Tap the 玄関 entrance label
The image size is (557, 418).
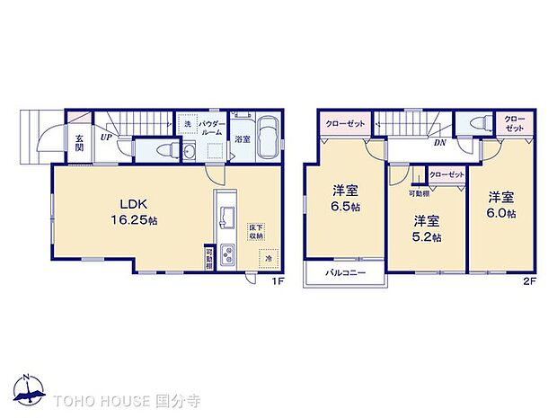click(x=79, y=144)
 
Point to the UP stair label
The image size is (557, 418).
click(x=106, y=138)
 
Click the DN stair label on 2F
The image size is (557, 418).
click(x=441, y=143)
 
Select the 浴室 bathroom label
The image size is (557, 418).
click(x=243, y=139)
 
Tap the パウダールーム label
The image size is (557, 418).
click(x=208, y=128)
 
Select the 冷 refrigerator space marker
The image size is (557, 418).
click(x=268, y=259)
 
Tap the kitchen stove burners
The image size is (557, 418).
click(x=227, y=255)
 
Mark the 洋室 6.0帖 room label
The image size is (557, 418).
click(x=502, y=205)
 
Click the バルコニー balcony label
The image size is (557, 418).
click(x=344, y=272)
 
